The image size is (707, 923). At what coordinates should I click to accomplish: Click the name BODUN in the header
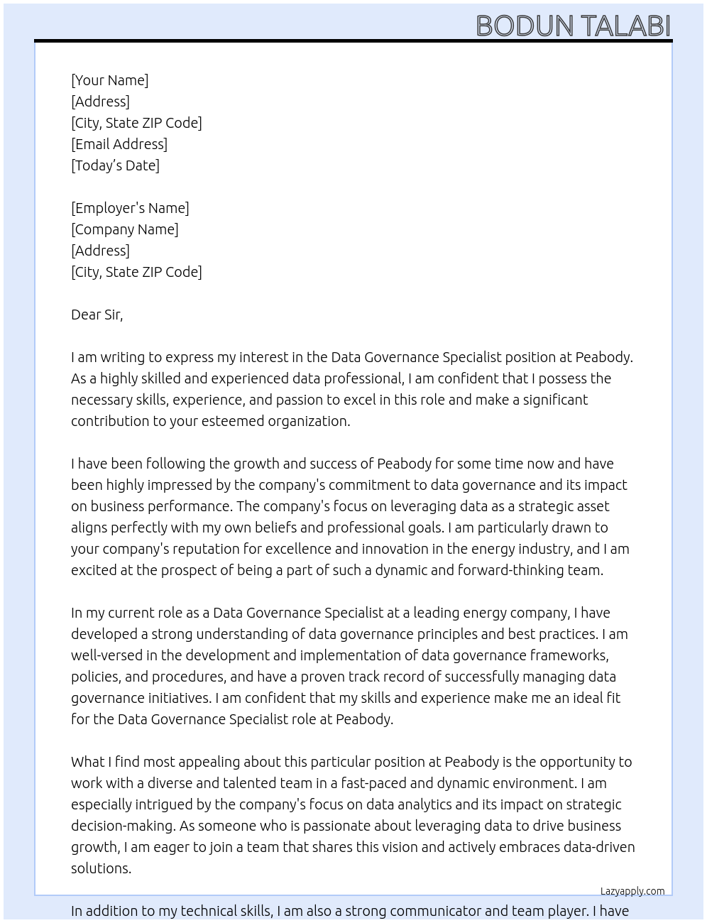[x=525, y=26]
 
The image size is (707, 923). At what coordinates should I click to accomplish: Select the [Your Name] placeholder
[x=109, y=80]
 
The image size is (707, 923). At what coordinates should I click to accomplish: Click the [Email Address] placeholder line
[x=119, y=144]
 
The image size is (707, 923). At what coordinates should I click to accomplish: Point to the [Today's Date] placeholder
[x=115, y=165]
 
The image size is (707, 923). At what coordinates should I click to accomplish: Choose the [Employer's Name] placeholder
[x=130, y=208]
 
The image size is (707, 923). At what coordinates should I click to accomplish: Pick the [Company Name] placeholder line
[x=124, y=229]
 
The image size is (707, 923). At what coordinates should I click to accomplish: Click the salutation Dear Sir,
[x=97, y=315]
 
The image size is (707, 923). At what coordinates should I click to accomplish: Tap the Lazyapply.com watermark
[x=632, y=891]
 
